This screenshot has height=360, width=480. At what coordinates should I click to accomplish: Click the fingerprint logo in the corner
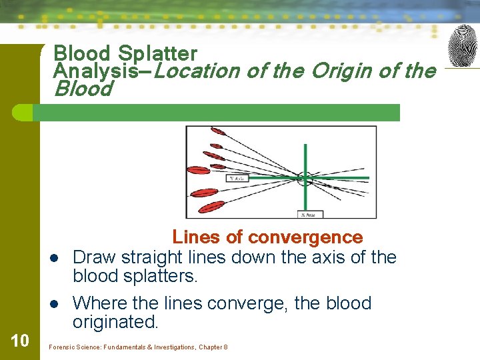[x=463, y=46]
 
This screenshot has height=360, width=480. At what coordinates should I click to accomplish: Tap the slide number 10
[x=20, y=341]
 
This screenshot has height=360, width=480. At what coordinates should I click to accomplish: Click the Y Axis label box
[x=238, y=178]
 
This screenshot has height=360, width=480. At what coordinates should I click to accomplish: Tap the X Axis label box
[x=307, y=213]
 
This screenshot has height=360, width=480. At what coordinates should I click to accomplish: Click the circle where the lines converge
[x=305, y=178]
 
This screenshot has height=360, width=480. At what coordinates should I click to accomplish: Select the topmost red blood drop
[x=217, y=131]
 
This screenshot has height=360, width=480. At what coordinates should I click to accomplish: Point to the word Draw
[x=93, y=257]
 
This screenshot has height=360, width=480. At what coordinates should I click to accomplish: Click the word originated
[x=116, y=322]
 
